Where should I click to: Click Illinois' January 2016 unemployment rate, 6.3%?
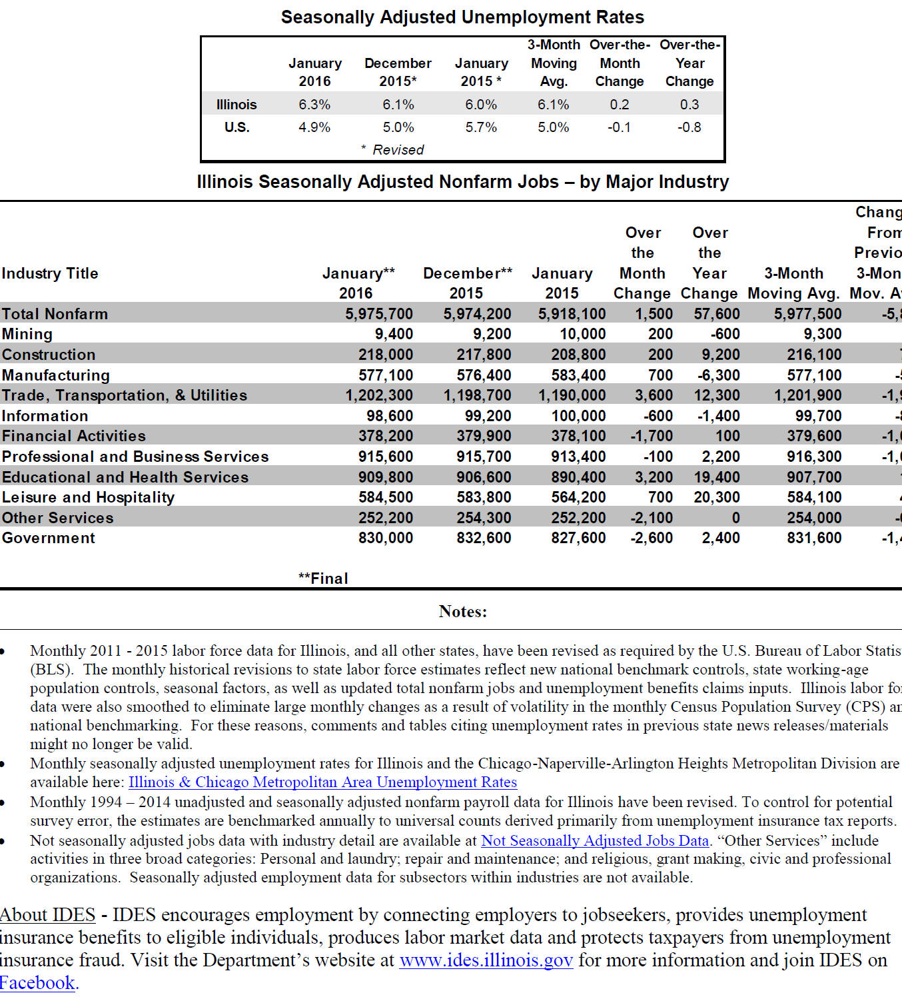click(x=314, y=105)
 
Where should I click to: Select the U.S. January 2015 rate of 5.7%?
click(x=481, y=127)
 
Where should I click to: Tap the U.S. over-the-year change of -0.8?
click(x=689, y=127)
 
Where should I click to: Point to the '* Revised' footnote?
click(x=392, y=150)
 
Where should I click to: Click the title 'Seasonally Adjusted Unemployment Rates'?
click(x=462, y=17)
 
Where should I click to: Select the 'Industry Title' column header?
click(x=50, y=273)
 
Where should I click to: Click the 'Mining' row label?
click(x=27, y=334)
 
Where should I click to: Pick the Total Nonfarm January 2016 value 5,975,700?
click(x=379, y=314)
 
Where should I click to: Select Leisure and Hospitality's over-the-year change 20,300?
click(x=717, y=497)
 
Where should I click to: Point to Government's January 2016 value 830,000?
click(x=386, y=538)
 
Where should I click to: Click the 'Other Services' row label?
click(x=58, y=518)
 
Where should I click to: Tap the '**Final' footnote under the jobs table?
click(x=323, y=578)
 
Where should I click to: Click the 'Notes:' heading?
click(x=462, y=611)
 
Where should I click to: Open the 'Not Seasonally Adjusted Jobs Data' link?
click(x=595, y=840)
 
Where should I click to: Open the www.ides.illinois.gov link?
click(x=486, y=960)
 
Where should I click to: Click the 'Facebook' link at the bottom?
click(x=37, y=983)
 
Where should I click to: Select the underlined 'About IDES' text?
click(x=47, y=915)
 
